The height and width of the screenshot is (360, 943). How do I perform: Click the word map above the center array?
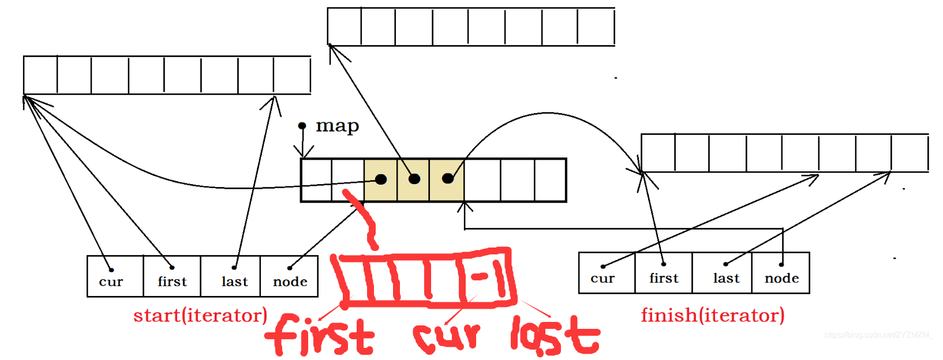tap(337, 126)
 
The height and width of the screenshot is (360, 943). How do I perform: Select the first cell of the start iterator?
tap(172, 276)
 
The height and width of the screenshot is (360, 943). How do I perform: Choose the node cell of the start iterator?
tap(289, 276)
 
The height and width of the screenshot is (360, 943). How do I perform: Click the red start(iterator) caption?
tap(200, 316)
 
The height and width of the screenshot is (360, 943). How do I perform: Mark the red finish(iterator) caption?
tap(713, 316)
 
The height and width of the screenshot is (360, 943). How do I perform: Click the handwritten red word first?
tap(320, 335)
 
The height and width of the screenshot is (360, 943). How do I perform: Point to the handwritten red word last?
tap(555, 335)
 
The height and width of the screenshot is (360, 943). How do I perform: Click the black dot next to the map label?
tap(302, 126)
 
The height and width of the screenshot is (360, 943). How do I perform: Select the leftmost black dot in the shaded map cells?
tap(381, 179)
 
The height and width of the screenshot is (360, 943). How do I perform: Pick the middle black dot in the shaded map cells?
tap(414, 179)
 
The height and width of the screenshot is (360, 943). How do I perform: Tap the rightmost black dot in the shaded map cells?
tap(448, 178)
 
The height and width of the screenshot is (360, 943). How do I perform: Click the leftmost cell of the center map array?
tap(316, 180)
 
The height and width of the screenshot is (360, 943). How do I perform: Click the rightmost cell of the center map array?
tap(550, 180)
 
